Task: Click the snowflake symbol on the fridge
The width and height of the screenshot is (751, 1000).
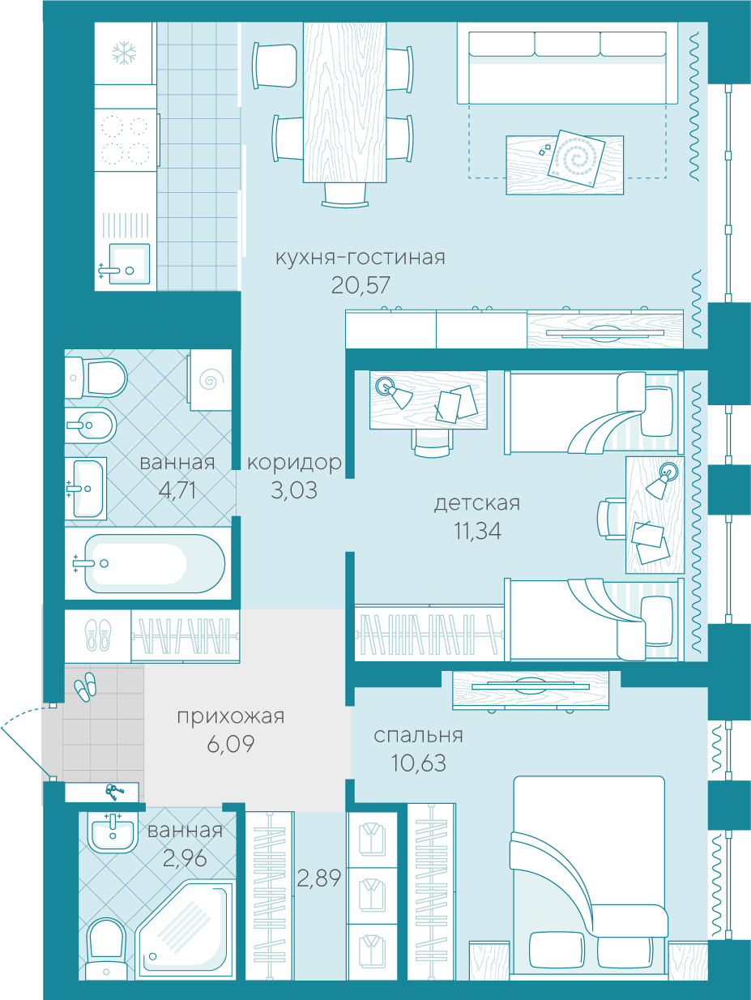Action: pyautogui.click(x=124, y=53)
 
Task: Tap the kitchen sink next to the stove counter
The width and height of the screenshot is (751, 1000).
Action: pyautogui.click(x=130, y=264)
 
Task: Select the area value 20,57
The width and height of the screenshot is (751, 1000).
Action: pyautogui.click(x=361, y=285)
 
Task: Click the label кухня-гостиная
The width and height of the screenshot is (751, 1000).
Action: pyautogui.click(x=361, y=258)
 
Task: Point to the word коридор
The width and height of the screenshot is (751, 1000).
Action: pyautogui.click(x=294, y=464)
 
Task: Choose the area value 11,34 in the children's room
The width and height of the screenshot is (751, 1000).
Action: pyautogui.click(x=477, y=531)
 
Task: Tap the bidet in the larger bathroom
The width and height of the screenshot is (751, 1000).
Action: pyautogui.click(x=91, y=425)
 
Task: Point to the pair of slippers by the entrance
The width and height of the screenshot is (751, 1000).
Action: pyautogui.click(x=86, y=686)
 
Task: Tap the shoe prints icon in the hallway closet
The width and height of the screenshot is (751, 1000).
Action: pyautogui.click(x=98, y=635)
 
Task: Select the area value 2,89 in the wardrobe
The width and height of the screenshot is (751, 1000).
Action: pyautogui.click(x=319, y=878)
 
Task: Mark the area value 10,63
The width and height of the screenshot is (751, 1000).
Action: pyautogui.click(x=419, y=763)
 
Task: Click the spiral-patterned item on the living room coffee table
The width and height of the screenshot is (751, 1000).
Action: pyautogui.click(x=577, y=158)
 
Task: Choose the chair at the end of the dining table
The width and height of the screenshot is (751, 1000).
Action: pyautogui.click(x=345, y=195)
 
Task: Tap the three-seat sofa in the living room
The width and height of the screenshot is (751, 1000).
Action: pyautogui.click(x=567, y=67)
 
